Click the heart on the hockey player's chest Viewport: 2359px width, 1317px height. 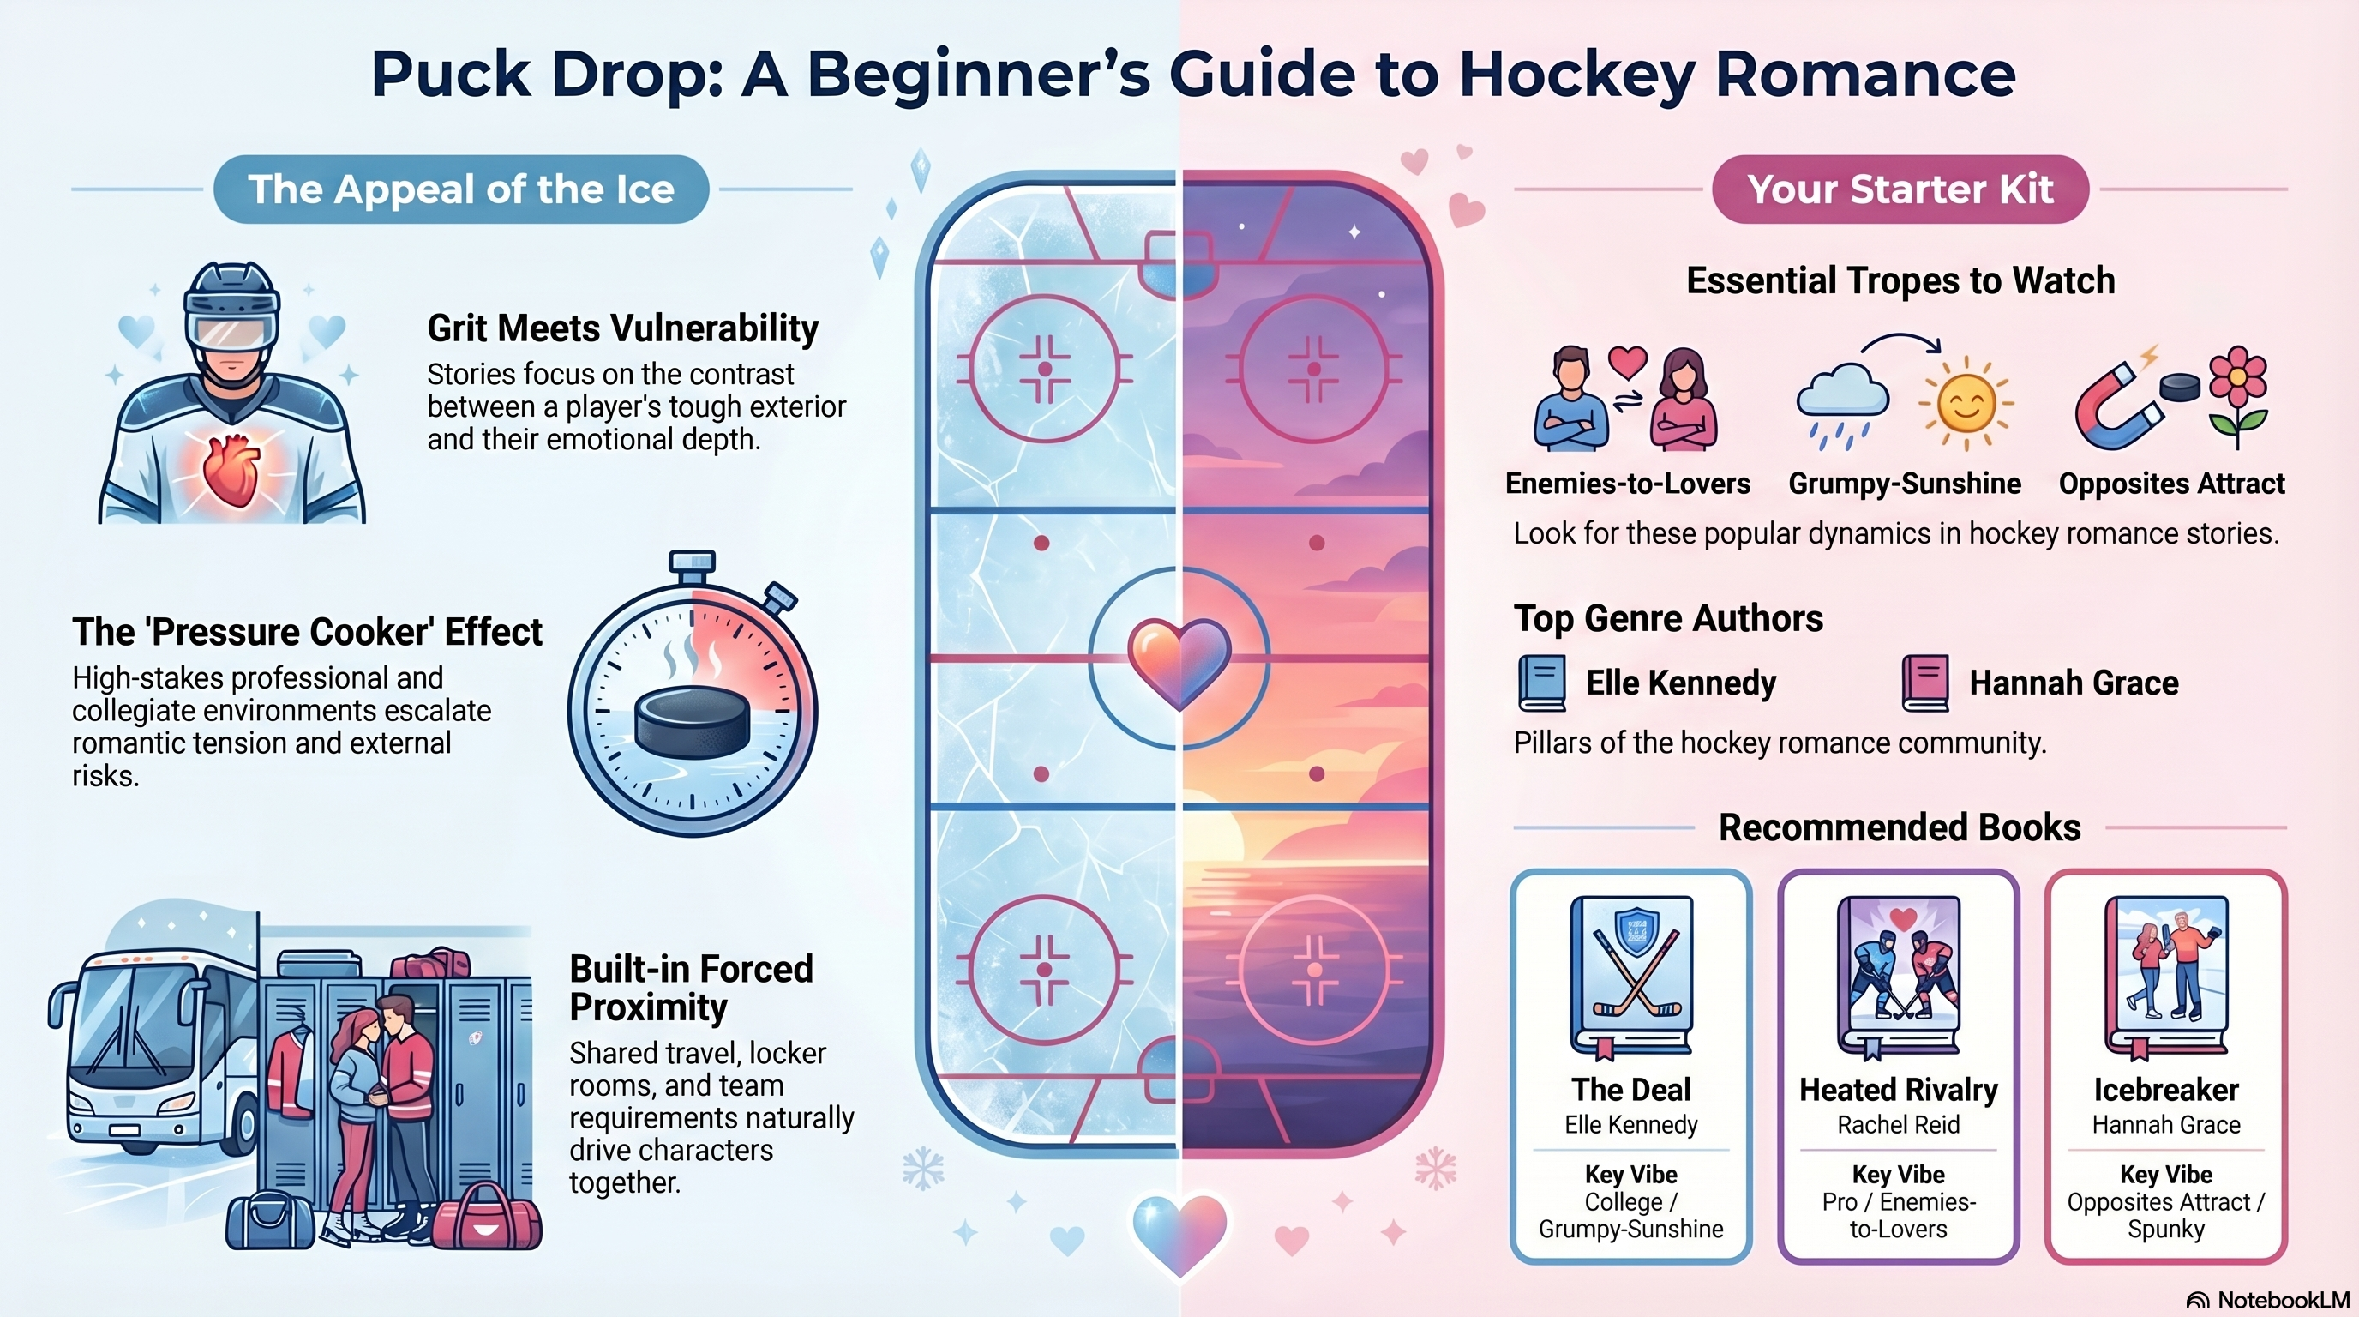coord(229,470)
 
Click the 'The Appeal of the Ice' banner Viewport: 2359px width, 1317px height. coord(460,189)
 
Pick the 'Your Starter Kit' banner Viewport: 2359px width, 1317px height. coord(1900,189)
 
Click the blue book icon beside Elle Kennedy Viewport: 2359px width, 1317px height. coord(1541,683)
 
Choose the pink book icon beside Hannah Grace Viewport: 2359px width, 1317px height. coord(1925,683)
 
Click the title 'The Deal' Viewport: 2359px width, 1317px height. coord(1631,1090)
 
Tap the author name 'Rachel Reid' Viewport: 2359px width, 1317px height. coord(1899,1125)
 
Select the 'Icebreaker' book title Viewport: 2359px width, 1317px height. coord(2166,1090)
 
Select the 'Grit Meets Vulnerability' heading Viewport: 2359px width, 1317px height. coord(622,328)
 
